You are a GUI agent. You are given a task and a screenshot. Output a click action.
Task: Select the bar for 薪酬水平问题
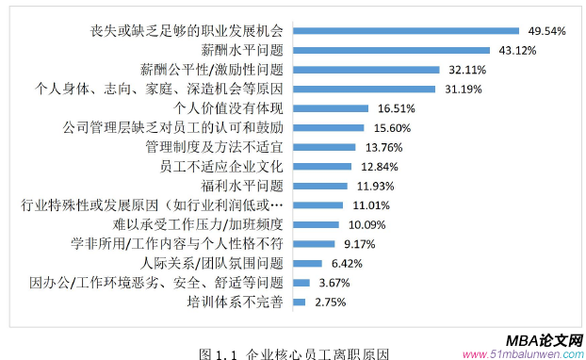(392, 50)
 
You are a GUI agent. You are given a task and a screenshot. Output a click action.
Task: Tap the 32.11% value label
(464, 69)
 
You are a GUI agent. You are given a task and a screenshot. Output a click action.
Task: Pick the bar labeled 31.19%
(365, 89)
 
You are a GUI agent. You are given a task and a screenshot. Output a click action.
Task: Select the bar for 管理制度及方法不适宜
(324, 147)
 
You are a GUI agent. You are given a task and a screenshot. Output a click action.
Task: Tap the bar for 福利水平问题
(320, 186)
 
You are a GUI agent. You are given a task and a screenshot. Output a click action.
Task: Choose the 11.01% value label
(363, 205)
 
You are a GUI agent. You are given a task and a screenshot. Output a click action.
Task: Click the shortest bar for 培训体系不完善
(300, 302)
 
